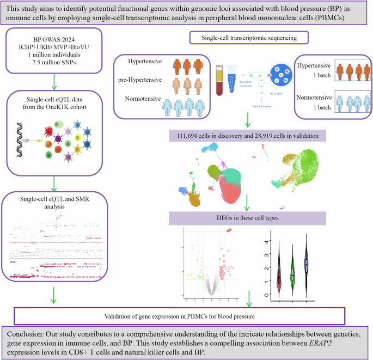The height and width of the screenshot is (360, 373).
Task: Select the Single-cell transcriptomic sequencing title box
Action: click(248, 38)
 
